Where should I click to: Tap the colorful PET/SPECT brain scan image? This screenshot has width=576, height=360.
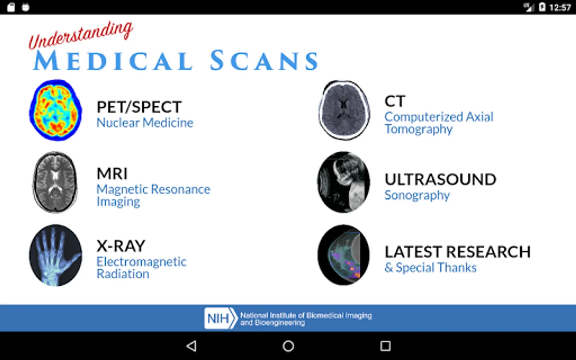coord(56,110)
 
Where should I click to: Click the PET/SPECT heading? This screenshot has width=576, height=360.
coord(139,107)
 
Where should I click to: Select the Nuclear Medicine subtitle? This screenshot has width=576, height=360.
coord(144,123)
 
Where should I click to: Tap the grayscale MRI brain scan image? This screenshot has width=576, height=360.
coord(55,182)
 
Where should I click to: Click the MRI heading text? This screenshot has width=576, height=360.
coord(112,174)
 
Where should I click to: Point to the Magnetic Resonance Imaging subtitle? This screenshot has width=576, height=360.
coord(153,195)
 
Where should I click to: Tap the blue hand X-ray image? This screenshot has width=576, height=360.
coord(56,255)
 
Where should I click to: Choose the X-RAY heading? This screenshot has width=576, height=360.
coord(121,246)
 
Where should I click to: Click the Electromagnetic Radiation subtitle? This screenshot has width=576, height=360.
coord(141,268)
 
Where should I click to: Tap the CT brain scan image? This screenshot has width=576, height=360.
coord(344,110)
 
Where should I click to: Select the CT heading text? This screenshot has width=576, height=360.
coord(395,101)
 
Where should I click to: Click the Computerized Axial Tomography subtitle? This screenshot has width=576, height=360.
coord(438,123)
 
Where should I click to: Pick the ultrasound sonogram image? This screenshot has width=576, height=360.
coord(344,182)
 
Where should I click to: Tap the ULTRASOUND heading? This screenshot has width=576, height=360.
coord(440,180)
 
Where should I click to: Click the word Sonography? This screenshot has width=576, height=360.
coord(417,195)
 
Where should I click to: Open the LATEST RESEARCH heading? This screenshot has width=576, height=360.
coord(457,252)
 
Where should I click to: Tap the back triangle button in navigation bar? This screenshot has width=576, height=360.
coord(192,346)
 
